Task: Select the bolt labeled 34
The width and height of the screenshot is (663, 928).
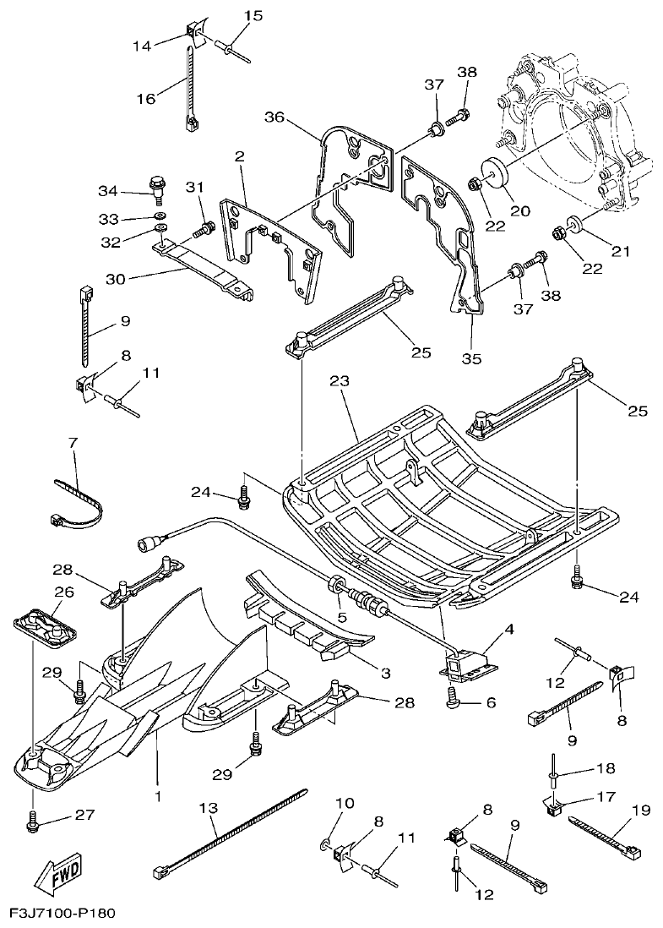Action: pos(157,183)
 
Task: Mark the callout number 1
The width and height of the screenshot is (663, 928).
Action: pos(158,795)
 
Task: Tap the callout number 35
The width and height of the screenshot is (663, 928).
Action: pos(471,358)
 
